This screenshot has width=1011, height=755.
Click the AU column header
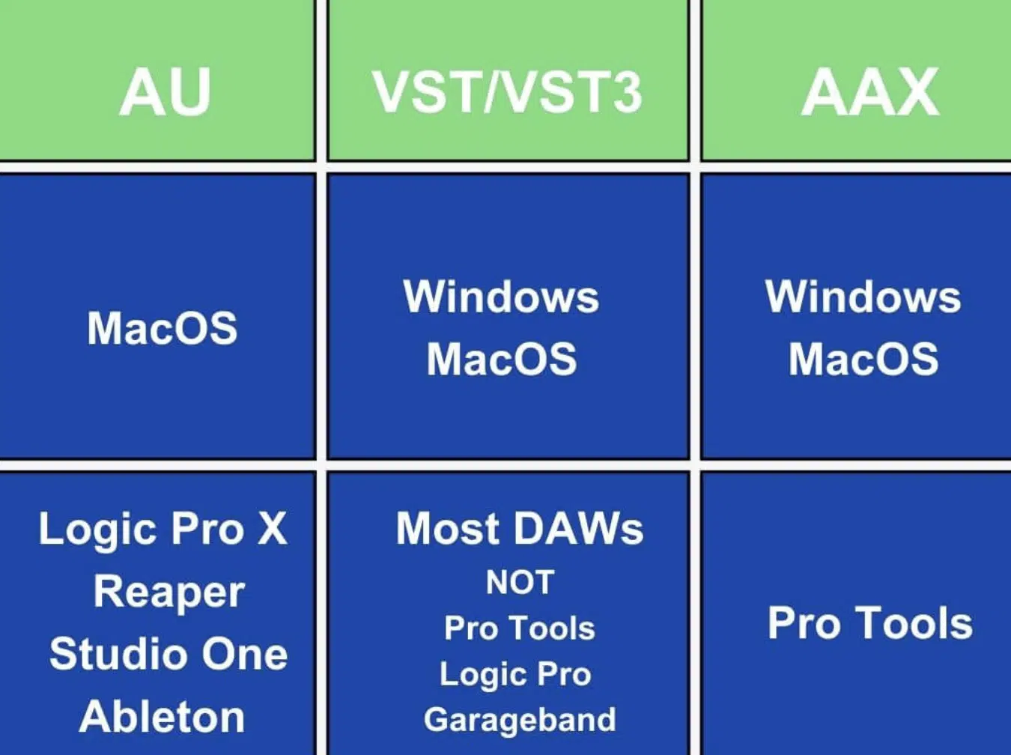pos(165,91)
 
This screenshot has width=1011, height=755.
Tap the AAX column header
pos(870,92)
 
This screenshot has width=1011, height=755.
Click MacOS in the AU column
pos(162,328)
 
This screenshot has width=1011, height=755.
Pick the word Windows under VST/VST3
pos(501,297)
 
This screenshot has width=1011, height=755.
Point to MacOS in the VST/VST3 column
pos(502,359)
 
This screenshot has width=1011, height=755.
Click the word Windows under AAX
pos(863,297)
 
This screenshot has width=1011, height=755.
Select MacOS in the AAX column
pos(863,359)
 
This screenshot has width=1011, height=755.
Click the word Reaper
pos(169,593)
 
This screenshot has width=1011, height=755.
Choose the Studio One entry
pos(168,654)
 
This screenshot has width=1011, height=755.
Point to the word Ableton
pos(162,716)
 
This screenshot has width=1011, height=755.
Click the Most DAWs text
pos(520,529)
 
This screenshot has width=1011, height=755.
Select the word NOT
pos(520,582)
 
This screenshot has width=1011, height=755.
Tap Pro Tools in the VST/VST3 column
pos(520,628)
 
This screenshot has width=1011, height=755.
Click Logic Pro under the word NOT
pos(515,675)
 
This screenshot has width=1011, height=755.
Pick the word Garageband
pos(520,721)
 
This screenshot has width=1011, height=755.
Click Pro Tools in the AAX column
pos(870,622)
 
